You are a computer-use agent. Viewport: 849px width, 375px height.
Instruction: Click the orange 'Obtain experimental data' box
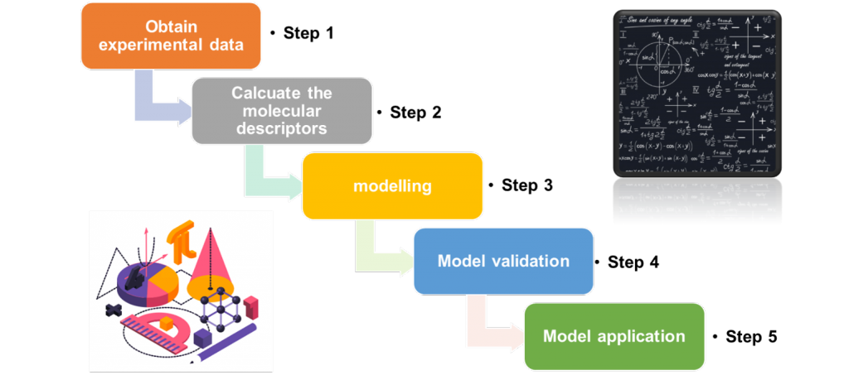(171, 36)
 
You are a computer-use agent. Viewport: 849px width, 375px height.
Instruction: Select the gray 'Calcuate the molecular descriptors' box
(279, 110)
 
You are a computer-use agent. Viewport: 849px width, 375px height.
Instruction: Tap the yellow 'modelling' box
(392, 185)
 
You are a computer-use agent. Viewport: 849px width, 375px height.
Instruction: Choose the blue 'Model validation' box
(503, 261)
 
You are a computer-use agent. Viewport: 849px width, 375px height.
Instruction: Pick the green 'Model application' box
(614, 336)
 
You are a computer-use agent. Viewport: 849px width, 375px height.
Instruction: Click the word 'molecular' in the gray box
(279, 111)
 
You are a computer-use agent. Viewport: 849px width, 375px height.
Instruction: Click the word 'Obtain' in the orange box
(171, 26)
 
